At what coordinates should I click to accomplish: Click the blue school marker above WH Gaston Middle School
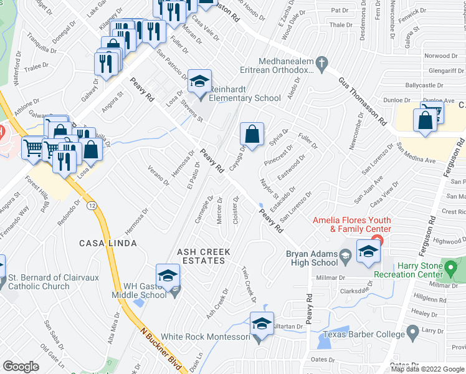pyautogui.click(x=168, y=276)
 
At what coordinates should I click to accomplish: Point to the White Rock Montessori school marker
pyautogui.click(x=262, y=325)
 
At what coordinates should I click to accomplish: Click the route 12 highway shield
pyautogui.click(x=92, y=205)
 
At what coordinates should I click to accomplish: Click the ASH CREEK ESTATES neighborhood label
pyautogui.click(x=204, y=256)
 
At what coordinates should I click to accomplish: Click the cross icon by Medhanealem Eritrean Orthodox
pyautogui.click(x=321, y=62)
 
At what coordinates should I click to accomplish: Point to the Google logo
pyautogui.click(x=21, y=367)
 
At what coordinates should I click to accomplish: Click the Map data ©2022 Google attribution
pyautogui.click(x=427, y=369)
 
